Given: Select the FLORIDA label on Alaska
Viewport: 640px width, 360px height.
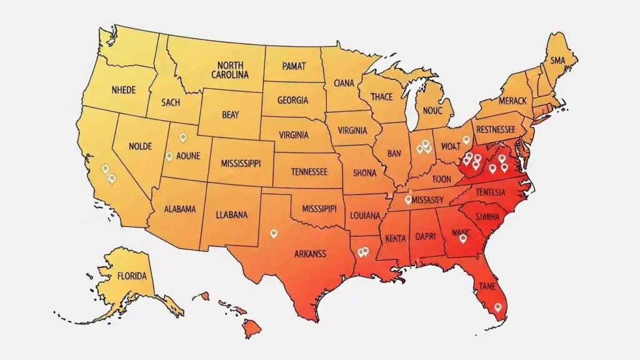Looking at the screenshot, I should (132, 276).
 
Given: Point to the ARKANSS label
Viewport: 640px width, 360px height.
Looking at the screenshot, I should (310, 254).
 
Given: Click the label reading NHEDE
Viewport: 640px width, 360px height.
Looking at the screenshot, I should (123, 89).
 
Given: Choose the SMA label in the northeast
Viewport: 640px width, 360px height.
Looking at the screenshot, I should (557, 61).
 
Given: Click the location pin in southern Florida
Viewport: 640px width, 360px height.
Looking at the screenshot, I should (497, 307).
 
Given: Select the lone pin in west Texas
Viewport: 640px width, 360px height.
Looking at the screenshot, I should (273, 233).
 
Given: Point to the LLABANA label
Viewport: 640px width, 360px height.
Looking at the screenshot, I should (232, 214).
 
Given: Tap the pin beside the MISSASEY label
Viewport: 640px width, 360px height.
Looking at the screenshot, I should (408, 200).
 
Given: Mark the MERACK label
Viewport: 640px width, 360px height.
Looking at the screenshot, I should (512, 100).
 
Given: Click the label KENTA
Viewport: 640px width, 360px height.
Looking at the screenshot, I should (395, 238).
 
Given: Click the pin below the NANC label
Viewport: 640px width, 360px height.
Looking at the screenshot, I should (462, 238).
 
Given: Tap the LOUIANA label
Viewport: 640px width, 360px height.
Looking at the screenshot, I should (366, 215).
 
